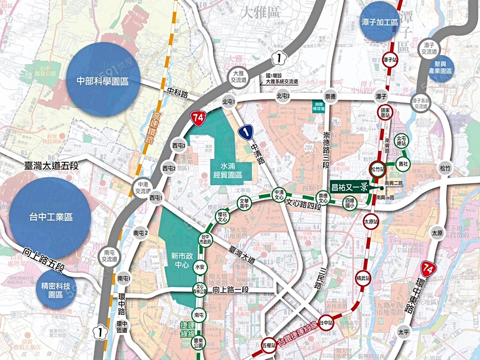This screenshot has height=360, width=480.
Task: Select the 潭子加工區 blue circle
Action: coord(379,22)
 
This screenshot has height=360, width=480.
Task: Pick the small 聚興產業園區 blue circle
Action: coord(441,68)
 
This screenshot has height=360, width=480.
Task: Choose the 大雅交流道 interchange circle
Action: coord(238,77)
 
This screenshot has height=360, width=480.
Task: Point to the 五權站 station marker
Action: coord(269,345)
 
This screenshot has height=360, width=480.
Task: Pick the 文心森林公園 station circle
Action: coord(199,290)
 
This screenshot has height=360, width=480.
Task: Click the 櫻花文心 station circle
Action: coord(222,217)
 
